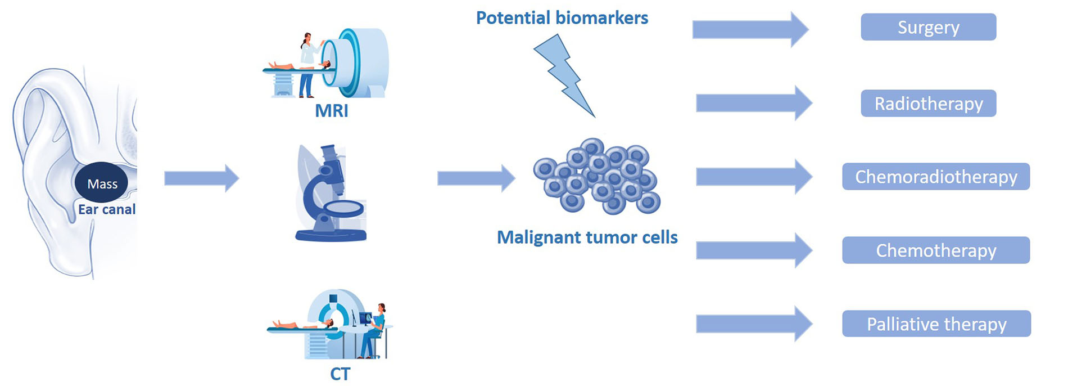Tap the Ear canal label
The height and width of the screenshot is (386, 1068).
tap(107, 209)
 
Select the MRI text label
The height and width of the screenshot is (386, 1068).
tap(332, 110)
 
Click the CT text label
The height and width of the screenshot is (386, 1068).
tap(340, 374)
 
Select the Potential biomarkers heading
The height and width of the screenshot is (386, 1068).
tap(562, 18)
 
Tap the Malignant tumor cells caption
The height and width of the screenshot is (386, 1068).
tap(587, 237)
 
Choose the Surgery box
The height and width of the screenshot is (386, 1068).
tap(928, 27)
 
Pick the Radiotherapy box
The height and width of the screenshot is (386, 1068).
tap(928, 104)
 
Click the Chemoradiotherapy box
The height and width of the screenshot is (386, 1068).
tap(936, 177)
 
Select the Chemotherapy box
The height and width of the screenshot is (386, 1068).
tap(936, 250)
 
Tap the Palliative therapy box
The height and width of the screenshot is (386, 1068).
tap(936, 324)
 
